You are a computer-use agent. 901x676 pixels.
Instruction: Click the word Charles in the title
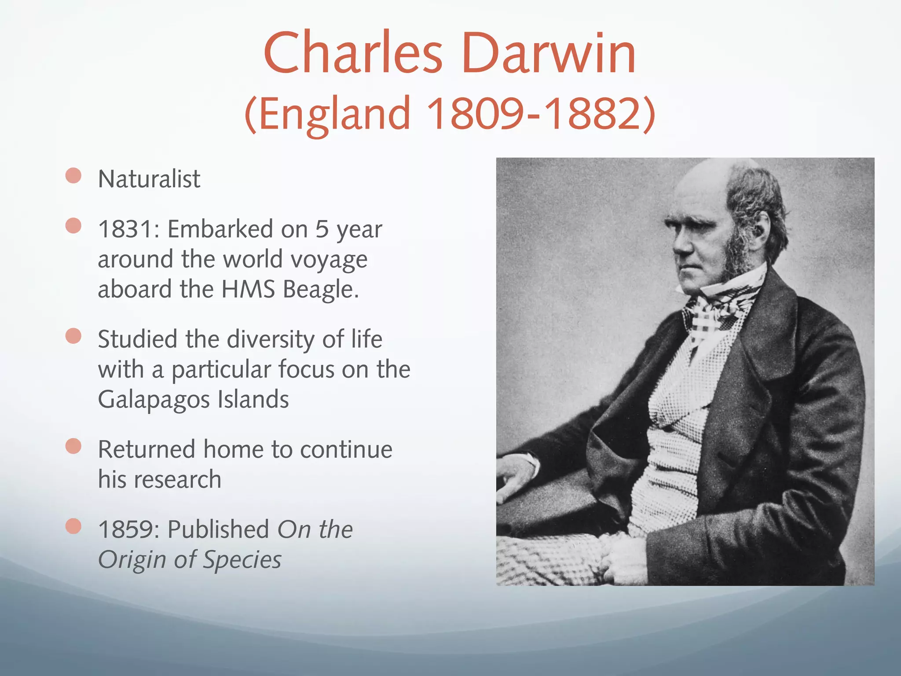pyautogui.click(x=353, y=54)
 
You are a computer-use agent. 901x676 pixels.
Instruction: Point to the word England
pyautogui.click(x=334, y=114)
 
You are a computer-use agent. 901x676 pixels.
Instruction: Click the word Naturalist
pyautogui.click(x=149, y=179)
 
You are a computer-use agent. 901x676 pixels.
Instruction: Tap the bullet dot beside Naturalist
pyautogui.click(x=73, y=176)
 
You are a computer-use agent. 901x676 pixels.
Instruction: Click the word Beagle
pyautogui.click(x=320, y=290)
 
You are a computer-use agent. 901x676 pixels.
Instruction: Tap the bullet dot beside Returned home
pyautogui.click(x=73, y=446)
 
